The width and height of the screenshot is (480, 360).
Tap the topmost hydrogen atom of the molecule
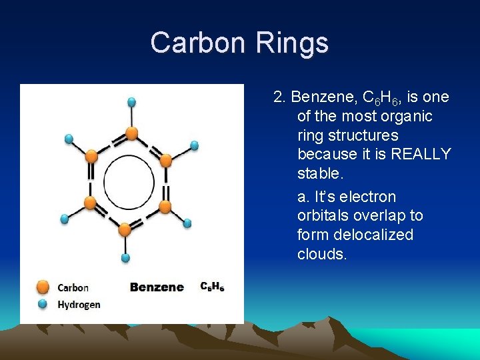click(x=132, y=102)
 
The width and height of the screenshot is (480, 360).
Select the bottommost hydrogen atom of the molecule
click(x=125, y=257)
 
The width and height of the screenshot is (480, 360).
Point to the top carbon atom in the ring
click(x=132, y=134)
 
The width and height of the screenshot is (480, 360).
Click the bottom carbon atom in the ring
click(x=125, y=229)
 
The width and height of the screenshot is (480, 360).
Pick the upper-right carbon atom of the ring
click(x=166, y=160)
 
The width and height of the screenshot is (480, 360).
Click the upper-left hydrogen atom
click(x=69, y=139)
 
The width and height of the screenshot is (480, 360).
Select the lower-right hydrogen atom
click(x=187, y=223)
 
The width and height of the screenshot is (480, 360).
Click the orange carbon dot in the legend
click(x=43, y=287)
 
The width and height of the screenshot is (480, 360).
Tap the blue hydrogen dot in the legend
click(x=43, y=304)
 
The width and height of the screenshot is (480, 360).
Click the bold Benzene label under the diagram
click(x=157, y=287)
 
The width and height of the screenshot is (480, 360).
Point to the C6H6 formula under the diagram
click(x=213, y=287)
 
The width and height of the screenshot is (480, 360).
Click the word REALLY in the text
click(x=421, y=155)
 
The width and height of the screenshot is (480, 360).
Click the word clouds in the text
click(x=322, y=254)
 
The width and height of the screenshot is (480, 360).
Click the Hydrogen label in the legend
click(x=79, y=305)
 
